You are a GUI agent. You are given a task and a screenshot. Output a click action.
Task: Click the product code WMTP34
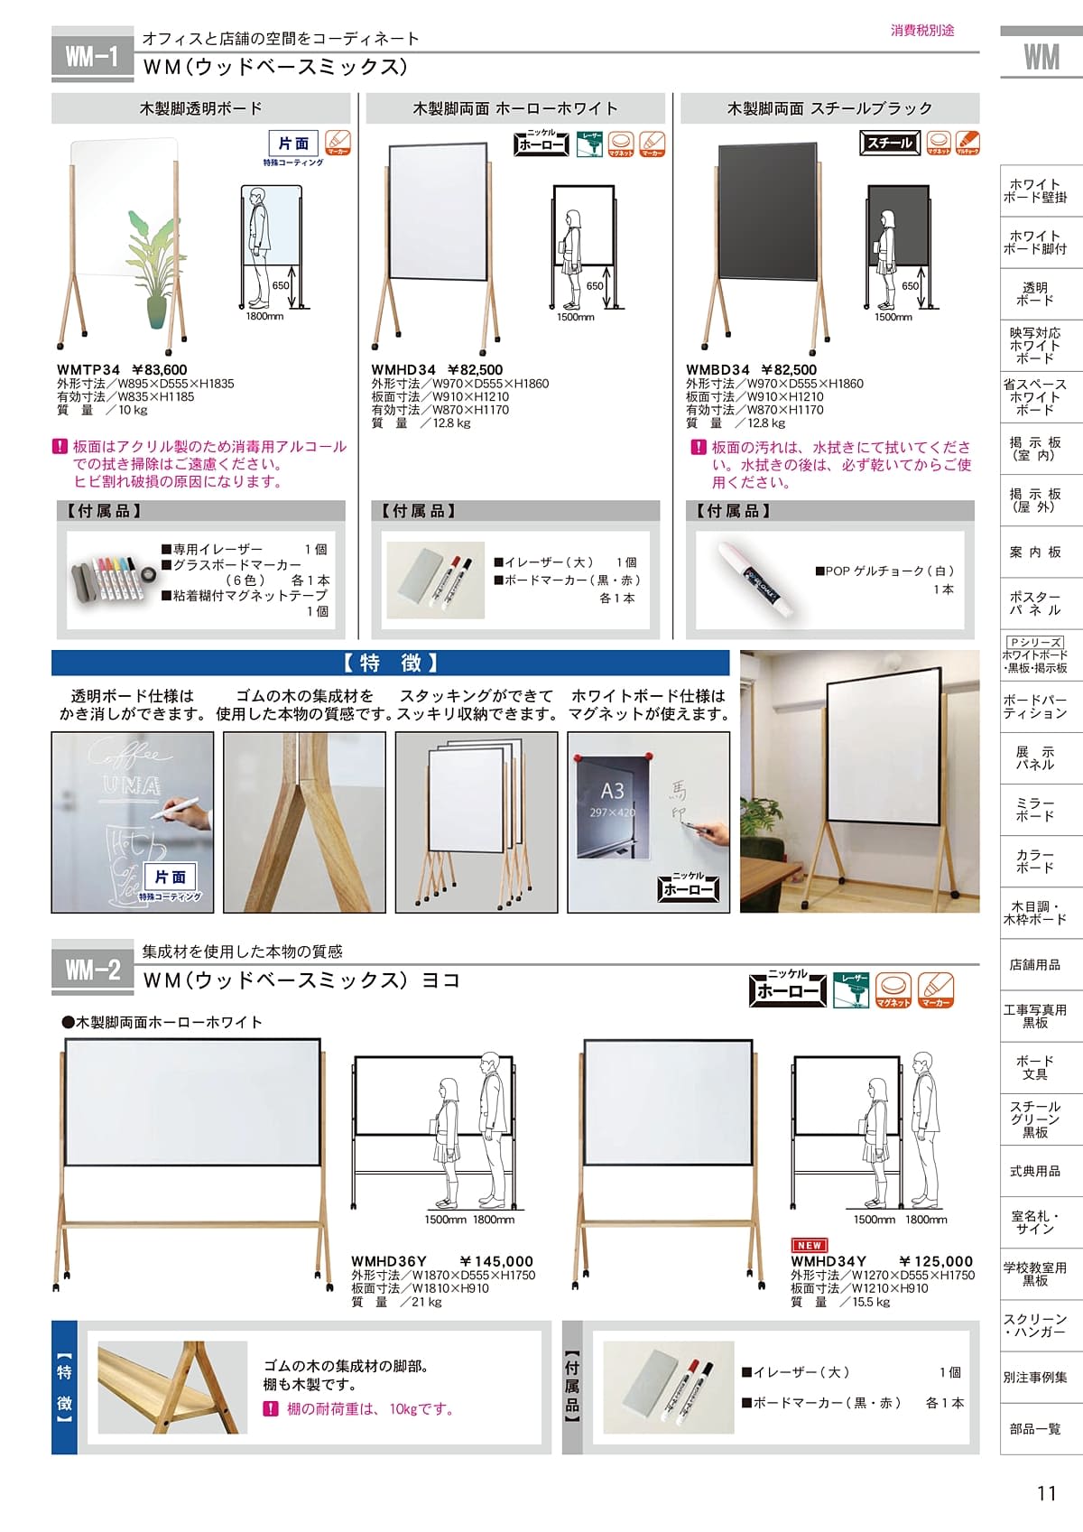(x=88, y=369)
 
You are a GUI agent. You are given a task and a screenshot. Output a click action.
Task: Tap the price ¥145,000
(x=496, y=1261)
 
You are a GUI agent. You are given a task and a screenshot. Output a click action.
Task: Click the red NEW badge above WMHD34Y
(x=810, y=1245)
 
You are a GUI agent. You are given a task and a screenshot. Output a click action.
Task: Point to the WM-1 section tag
(x=92, y=58)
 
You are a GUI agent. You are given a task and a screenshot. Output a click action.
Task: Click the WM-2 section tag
(x=92, y=970)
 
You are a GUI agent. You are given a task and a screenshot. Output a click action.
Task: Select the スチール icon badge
(x=889, y=143)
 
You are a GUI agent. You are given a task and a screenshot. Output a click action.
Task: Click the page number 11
(x=1046, y=1493)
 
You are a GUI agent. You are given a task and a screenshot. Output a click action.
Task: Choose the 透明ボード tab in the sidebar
(x=1034, y=293)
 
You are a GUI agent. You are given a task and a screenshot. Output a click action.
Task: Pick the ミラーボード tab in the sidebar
(x=1034, y=809)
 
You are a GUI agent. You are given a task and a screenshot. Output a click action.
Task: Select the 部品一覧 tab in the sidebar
(x=1034, y=1428)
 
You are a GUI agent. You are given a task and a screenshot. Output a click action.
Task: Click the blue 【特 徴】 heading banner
(x=390, y=664)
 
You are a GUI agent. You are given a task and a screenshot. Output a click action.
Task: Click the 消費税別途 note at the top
(x=922, y=31)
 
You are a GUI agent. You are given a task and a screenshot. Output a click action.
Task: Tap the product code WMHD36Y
(x=389, y=1261)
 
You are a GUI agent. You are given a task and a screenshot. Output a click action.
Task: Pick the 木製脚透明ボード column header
(x=200, y=108)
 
